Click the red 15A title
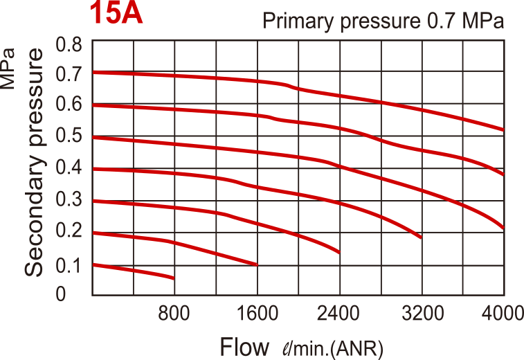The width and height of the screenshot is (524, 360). pos(116,15)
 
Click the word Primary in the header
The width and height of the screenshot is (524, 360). pos(298,21)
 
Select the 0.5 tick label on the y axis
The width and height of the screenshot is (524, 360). pos(69,136)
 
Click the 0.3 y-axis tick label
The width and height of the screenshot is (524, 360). pos(69,200)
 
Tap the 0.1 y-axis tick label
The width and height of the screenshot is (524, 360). pos(69,264)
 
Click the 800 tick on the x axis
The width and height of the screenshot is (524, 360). pos(174,314)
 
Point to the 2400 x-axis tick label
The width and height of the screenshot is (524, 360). pos(339,314)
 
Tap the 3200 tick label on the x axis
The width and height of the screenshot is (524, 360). pos(422,314)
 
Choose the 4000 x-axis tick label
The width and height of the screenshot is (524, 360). pos(501,314)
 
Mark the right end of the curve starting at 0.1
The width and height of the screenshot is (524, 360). pos(173,278)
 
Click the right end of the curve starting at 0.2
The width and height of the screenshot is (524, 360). pos(257,264)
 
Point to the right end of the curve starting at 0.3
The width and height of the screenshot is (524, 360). pos(339,252)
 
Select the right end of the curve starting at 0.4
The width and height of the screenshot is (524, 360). pos(421,237)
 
